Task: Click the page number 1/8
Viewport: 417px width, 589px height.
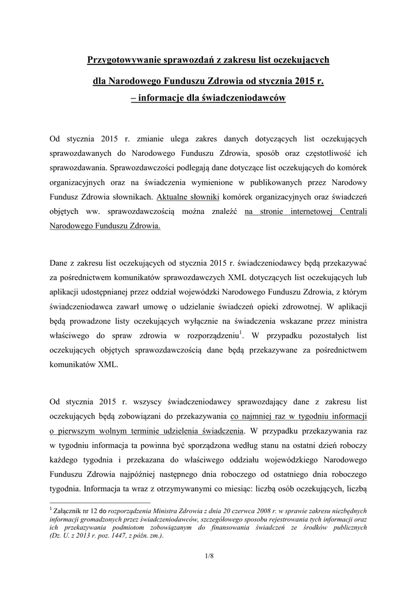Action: pos(208,556)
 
